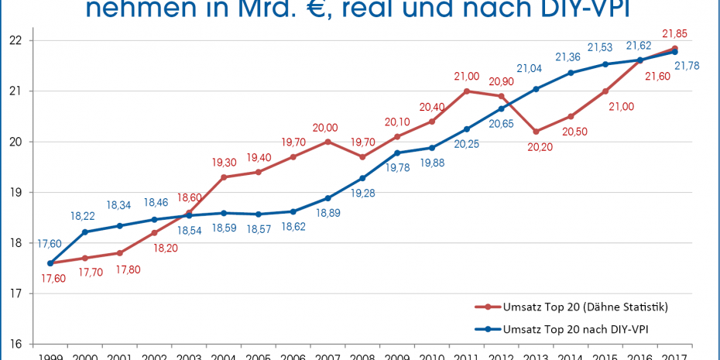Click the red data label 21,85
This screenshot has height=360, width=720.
[x=675, y=33]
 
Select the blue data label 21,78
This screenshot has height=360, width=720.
[x=687, y=66]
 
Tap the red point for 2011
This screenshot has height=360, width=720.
[x=467, y=91]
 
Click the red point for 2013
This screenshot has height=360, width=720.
[x=537, y=132]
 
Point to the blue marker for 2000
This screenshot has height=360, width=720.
[x=84, y=231]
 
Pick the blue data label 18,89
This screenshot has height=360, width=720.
[x=327, y=213]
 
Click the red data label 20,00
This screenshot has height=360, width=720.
[x=325, y=128]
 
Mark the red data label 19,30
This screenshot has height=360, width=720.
[x=225, y=163]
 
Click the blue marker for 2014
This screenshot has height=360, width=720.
[x=571, y=73]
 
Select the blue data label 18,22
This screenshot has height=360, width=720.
[x=83, y=216]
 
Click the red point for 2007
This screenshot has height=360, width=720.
[x=327, y=142]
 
